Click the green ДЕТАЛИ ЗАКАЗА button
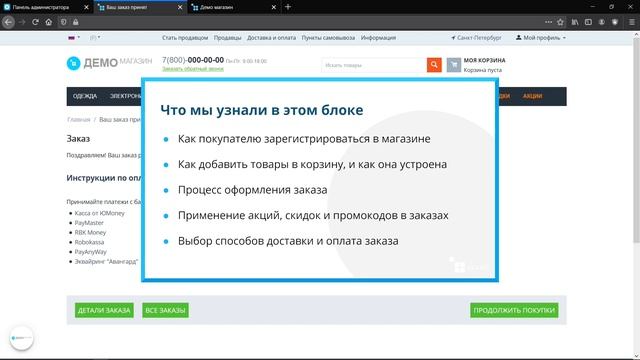coord(104,311)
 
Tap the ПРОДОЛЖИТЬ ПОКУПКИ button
coord(514,311)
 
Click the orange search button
coord(434,65)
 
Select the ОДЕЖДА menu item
coord(85,96)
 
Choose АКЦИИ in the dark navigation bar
coord(532,96)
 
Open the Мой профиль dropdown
coord(541,38)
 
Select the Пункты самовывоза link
coord(329,38)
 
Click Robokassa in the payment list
coord(89,242)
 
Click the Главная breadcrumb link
coord(78,119)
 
